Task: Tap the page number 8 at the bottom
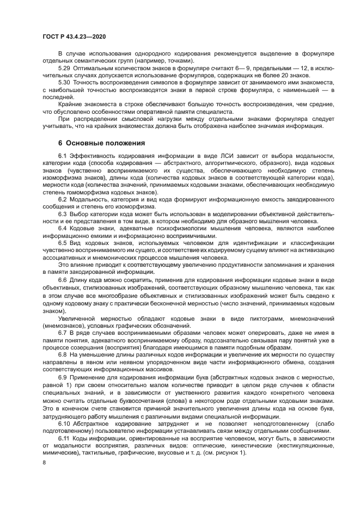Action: (44, 462)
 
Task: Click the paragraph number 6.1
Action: (63, 157)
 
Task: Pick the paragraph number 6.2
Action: (63, 199)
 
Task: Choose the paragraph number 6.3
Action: (63, 213)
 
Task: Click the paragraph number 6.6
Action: (63, 280)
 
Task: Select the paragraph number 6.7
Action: (63, 332)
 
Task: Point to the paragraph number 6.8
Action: (63, 354)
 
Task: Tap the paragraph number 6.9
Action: (63, 376)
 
